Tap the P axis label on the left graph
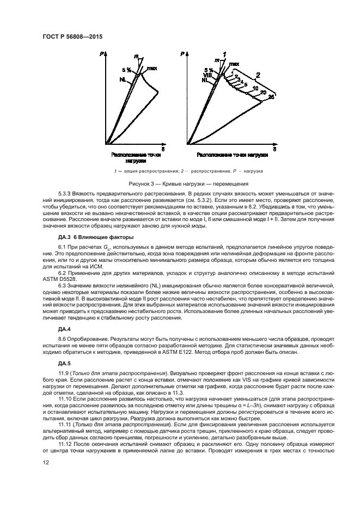[102, 54]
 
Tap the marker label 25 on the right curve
[271, 97]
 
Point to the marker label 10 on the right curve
[255, 89]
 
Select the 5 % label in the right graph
[209, 70]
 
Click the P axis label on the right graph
[182, 54]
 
